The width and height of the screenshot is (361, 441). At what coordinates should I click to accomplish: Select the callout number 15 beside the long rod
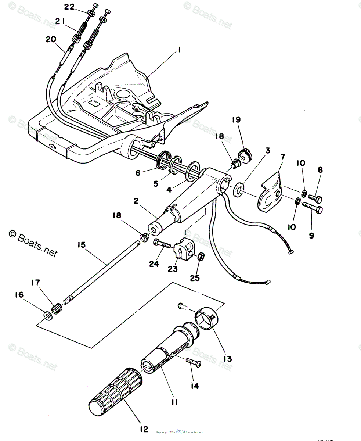[x=81, y=244]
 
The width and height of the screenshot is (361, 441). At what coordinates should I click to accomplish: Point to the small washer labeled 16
[x=47, y=315]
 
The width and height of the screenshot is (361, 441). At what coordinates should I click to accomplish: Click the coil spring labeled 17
[x=57, y=309]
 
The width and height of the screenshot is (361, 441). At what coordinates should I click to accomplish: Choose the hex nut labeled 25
[x=201, y=257]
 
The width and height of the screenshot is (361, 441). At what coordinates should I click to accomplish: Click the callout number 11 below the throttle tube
[x=174, y=402]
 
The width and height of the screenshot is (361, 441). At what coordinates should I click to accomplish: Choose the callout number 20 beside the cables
[x=51, y=39]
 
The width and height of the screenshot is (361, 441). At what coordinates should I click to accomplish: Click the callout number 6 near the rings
[x=138, y=172]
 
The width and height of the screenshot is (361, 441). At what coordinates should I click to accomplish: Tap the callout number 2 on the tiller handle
[x=136, y=201]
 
